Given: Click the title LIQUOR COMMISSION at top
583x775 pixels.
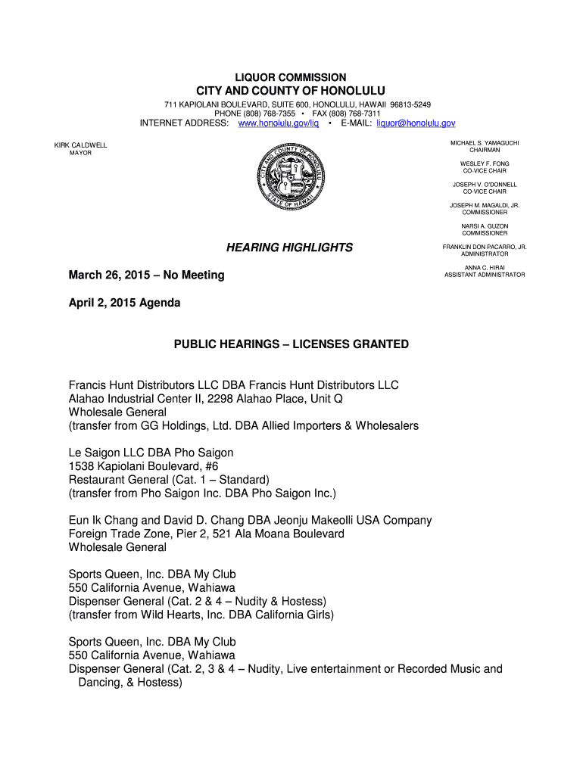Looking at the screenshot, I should pos(291,77).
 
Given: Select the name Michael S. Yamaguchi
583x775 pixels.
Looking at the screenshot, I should pos(485,142).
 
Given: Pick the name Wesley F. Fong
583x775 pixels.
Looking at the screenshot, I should pos(485,163).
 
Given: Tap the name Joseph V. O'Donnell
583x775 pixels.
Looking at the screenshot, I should pos(485,184).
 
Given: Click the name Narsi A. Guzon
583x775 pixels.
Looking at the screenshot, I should pos(485,226).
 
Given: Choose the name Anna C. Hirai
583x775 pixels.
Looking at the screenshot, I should pos(485,267).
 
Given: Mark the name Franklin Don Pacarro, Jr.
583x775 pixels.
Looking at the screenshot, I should pos(485,247).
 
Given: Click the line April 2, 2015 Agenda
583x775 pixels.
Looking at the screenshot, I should pos(125,303).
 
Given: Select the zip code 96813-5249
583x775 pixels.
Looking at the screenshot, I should pos(410,104).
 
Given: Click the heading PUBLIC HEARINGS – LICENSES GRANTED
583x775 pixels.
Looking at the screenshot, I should pos(291,344).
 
